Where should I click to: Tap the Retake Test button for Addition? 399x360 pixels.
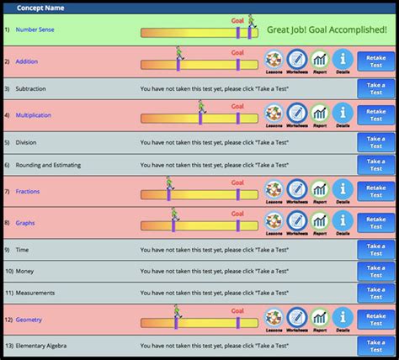coord(375,61)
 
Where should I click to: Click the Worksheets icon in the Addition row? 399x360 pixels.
coord(297,59)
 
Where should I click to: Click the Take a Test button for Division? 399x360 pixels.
coord(375,142)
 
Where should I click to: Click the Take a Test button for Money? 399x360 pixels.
coord(375,272)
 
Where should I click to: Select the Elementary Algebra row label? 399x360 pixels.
coord(47,346)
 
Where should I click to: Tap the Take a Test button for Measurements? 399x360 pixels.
coord(375,293)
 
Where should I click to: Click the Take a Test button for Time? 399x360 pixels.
coord(375,250)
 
